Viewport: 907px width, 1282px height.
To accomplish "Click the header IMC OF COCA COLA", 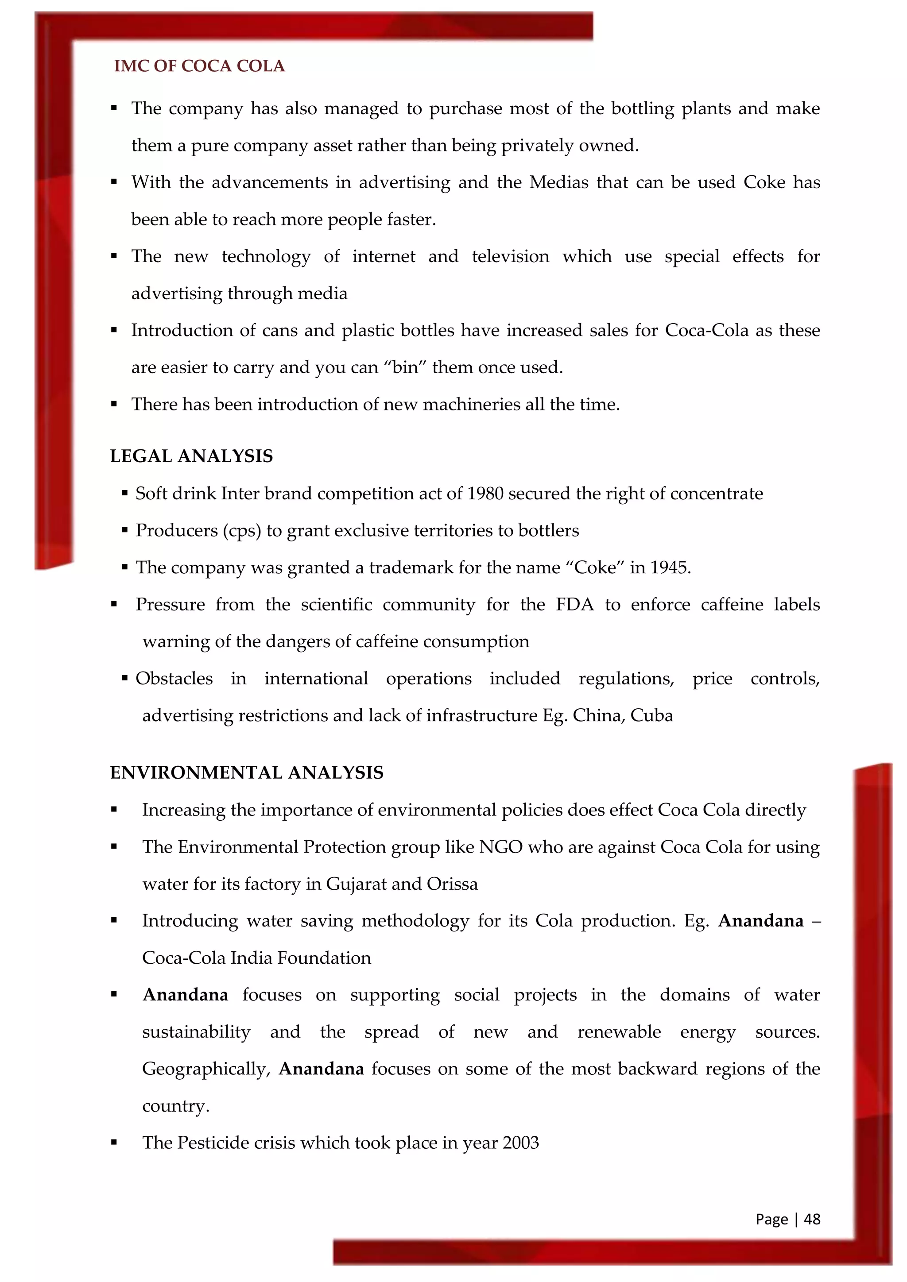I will [199, 66].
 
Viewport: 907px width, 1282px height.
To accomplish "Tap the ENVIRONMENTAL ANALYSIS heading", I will [246, 773].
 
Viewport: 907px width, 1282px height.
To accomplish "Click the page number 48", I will [812, 1219].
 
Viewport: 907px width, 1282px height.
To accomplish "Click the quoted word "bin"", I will [405, 367].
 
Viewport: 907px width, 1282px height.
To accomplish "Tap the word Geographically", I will [206, 1069].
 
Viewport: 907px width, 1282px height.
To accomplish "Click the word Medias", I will [558, 182].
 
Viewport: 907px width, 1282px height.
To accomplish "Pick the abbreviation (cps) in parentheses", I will [242, 530].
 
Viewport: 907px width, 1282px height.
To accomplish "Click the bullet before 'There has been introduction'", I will [114, 404].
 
